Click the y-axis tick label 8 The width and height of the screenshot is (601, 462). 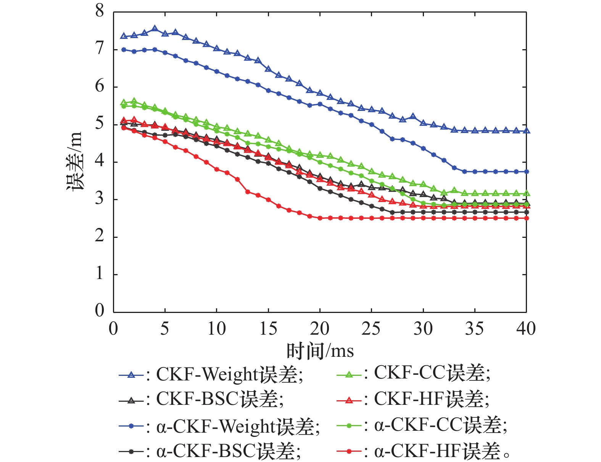click(x=100, y=11)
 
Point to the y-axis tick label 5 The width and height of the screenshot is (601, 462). click(x=100, y=124)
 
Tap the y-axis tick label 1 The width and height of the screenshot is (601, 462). click(x=100, y=274)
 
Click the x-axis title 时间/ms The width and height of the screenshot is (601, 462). click(x=320, y=351)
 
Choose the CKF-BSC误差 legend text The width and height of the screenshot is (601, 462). click(x=220, y=399)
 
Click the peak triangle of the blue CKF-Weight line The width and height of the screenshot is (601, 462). click(x=155, y=29)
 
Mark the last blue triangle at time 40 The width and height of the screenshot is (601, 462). click(x=527, y=131)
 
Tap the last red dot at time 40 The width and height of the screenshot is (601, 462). click(x=527, y=218)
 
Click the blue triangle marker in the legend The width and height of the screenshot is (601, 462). click(x=131, y=375)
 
